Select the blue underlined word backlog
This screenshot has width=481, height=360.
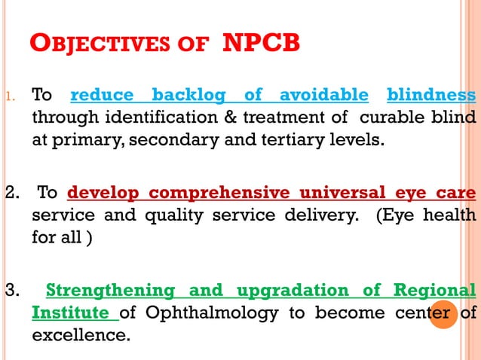188,96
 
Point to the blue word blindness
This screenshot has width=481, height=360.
431,96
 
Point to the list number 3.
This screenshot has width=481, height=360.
12,291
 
